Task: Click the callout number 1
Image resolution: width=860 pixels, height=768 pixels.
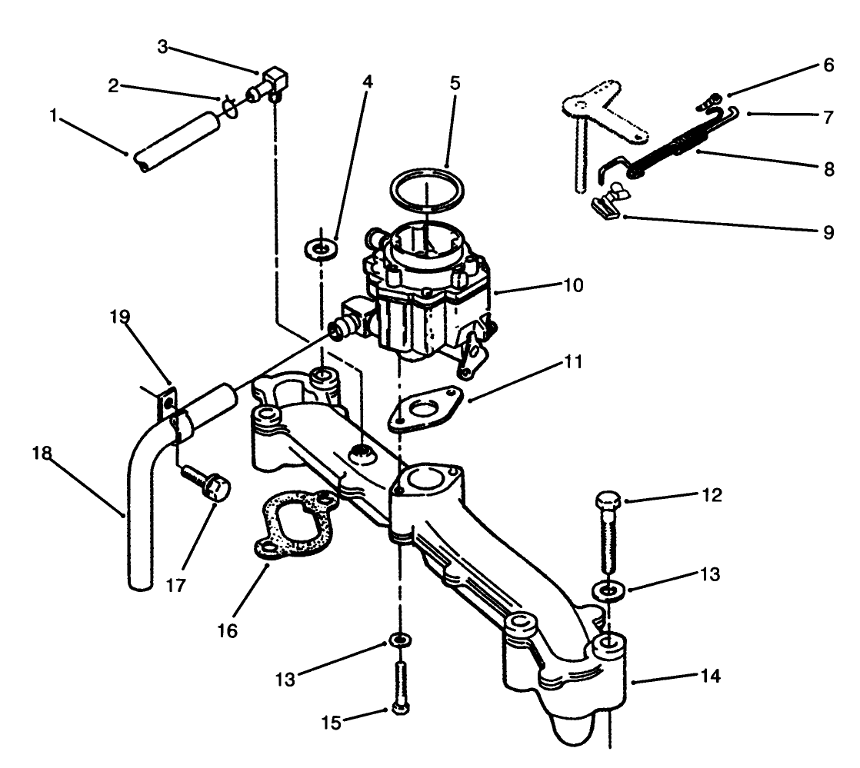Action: click(54, 117)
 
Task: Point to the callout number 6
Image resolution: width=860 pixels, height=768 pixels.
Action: click(828, 66)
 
